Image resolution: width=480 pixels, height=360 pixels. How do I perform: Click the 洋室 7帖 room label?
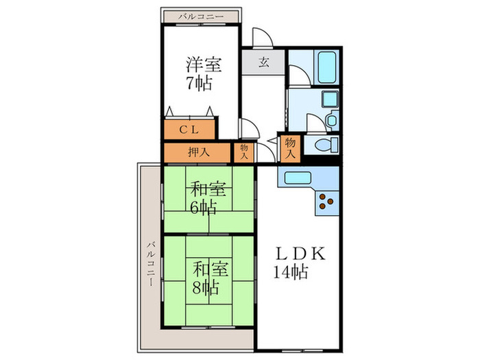point(203,74)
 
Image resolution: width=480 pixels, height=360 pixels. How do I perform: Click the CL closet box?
point(190,129)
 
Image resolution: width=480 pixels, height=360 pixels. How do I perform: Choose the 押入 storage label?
point(199,152)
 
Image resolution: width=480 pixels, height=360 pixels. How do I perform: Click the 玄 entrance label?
point(263,62)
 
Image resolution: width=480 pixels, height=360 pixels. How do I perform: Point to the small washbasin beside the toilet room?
point(332,121)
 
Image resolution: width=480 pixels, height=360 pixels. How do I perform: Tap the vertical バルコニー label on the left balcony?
point(149,264)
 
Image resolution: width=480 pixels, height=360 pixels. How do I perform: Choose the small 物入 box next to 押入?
point(243,152)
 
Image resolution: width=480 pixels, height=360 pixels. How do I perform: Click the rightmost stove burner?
point(332,202)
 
